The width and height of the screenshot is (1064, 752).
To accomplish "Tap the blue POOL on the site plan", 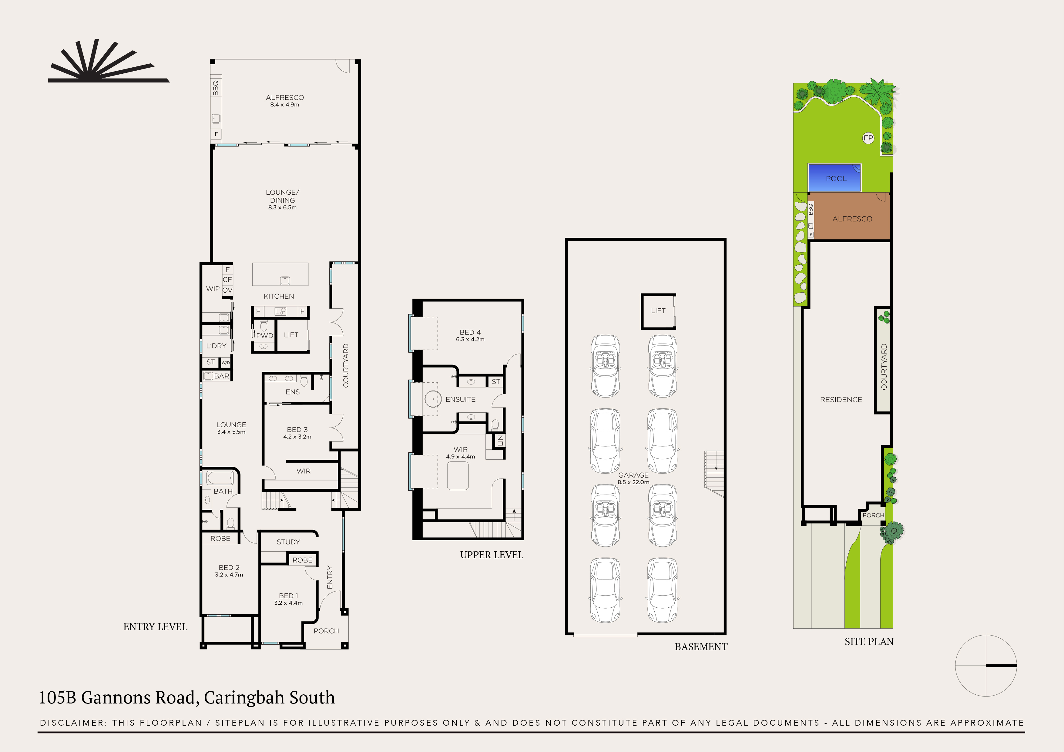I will pos(834,178).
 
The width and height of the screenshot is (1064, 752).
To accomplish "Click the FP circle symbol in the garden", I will pos(868,138).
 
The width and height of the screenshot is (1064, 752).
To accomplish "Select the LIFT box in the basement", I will pos(658,311).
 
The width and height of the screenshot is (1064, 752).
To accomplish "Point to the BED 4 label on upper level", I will pos(470,332).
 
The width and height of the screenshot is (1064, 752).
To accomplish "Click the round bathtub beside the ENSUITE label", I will pos(433,399).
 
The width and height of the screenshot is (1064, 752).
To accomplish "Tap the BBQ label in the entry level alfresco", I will pos(216,88).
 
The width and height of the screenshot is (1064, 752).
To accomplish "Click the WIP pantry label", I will pos(213,289).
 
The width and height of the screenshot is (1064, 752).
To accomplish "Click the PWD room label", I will pos(265,335).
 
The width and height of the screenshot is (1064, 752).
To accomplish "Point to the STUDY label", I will pos(288,542).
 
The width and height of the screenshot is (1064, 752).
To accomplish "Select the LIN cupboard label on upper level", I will pos(500,441).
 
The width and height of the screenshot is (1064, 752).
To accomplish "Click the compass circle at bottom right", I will pos(986,665).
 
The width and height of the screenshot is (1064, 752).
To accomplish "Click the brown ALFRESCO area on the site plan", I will pos(852,219).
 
